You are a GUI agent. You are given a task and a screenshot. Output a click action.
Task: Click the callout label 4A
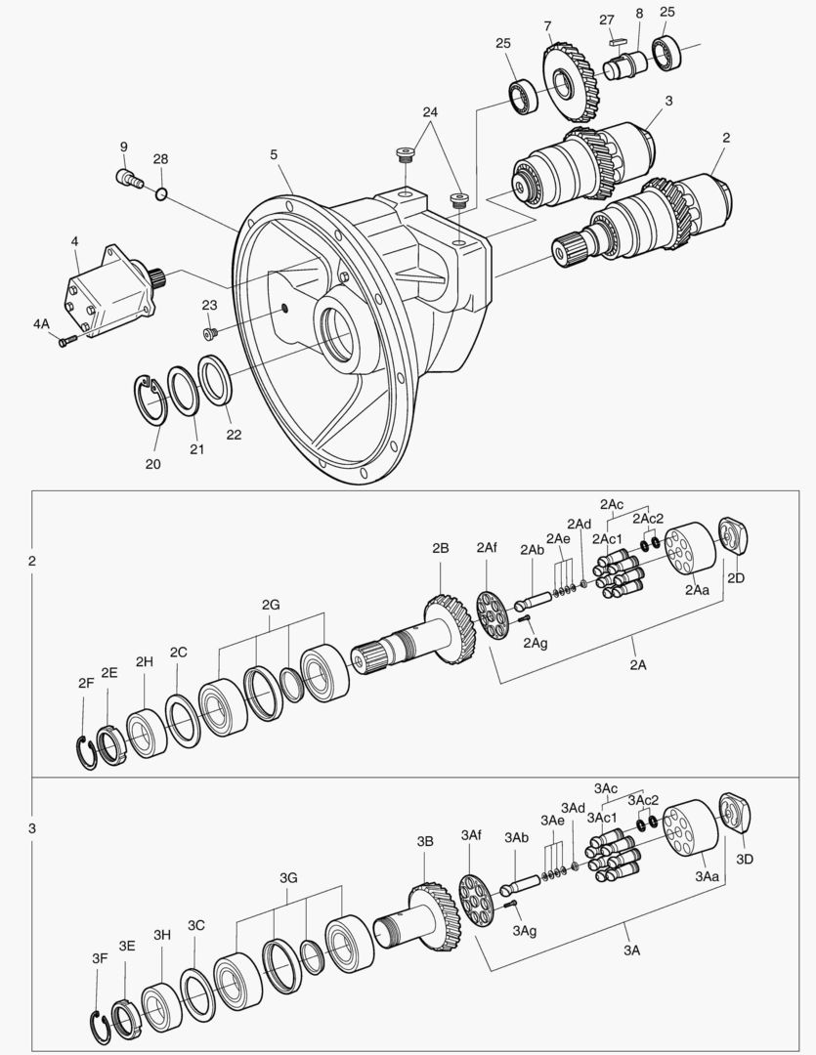point(40,322)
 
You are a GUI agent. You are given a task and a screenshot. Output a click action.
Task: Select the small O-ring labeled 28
point(162,195)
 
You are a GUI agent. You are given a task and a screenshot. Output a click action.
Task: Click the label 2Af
point(487,548)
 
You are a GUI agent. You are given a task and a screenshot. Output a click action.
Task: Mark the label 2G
point(271,605)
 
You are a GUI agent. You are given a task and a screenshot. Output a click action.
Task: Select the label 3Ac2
point(643,800)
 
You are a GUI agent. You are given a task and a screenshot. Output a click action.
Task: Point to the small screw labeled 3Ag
point(510,906)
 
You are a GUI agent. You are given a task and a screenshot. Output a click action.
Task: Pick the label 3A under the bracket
point(632,949)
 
